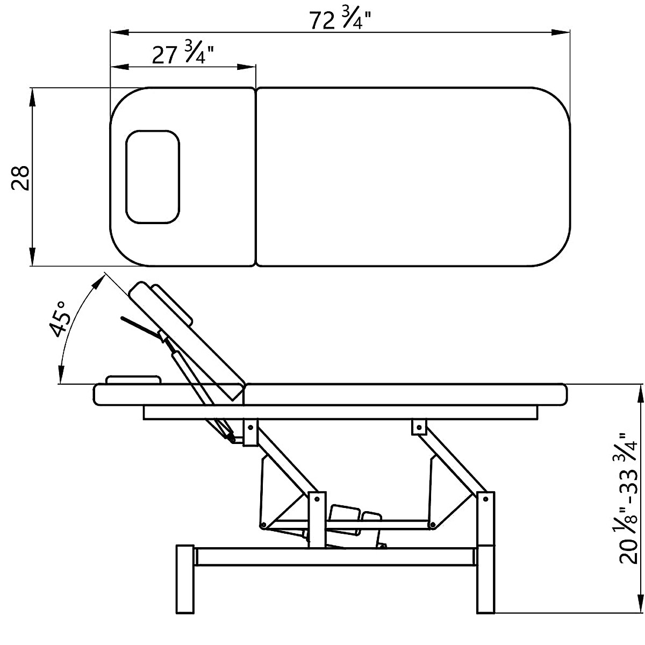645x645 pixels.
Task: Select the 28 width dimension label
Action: point(20,177)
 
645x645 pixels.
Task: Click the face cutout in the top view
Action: point(153,177)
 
